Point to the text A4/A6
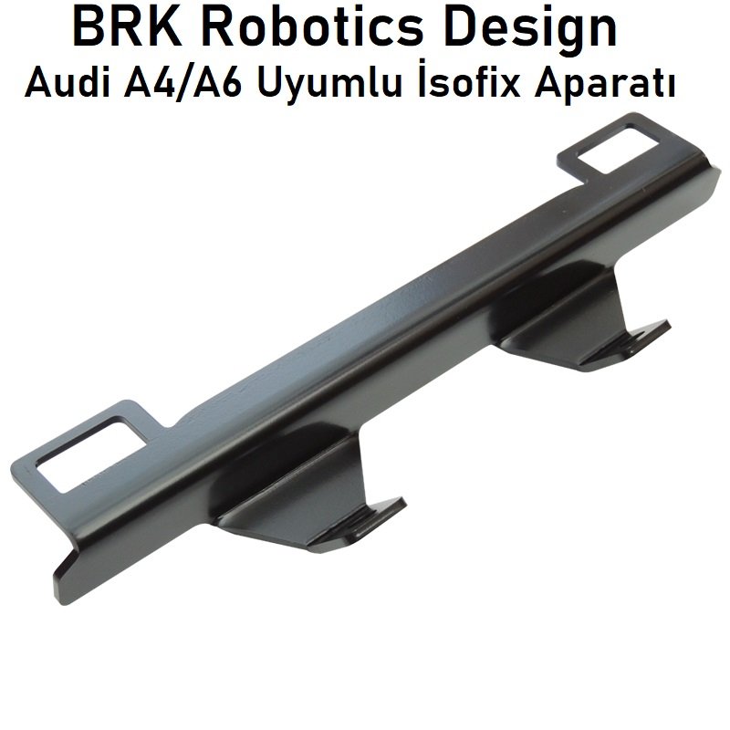click(x=182, y=84)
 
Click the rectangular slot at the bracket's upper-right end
click(x=618, y=148)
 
